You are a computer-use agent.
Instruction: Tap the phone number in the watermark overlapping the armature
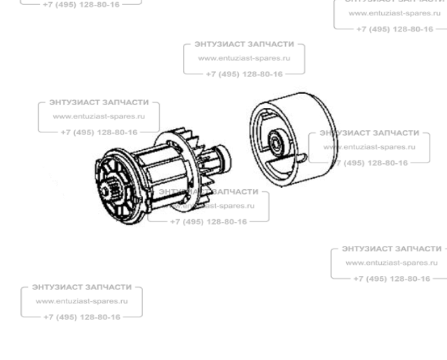pos(208,221)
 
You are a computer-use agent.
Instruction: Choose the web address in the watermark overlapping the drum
pos(371,147)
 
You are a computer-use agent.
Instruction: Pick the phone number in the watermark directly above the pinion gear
pos(99,132)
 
